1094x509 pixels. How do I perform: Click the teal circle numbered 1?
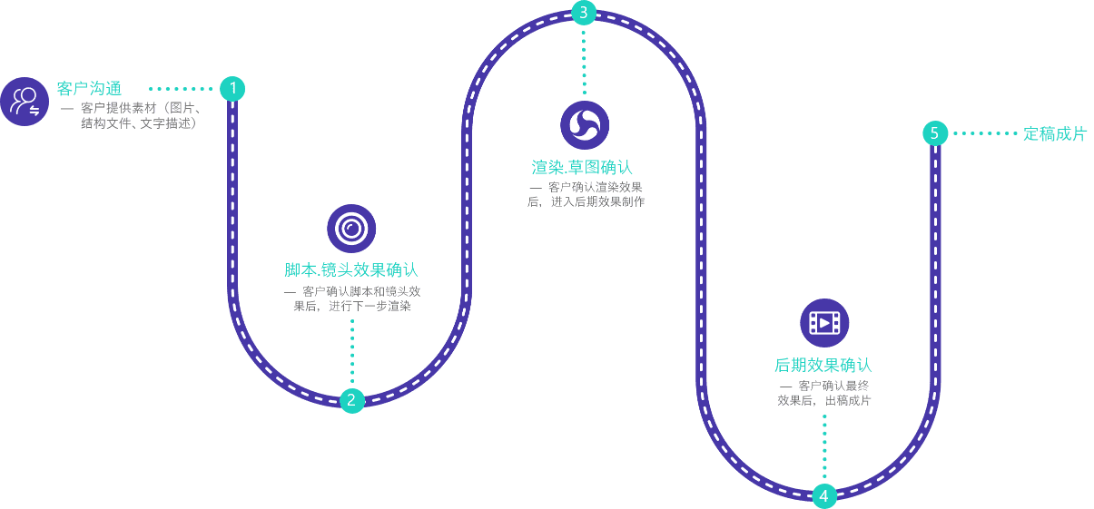pyautogui.click(x=232, y=89)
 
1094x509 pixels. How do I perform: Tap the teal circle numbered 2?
pyautogui.click(x=352, y=400)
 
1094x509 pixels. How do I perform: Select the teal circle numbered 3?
pyautogui.click(x=584, y=13)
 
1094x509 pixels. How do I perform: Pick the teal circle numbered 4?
pyautogui.click(x=824, y=495)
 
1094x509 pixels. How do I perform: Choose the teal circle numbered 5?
pyautogui.click(x=935, y=133)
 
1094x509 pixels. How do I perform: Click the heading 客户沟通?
pyautogui.click(x=89, y=89)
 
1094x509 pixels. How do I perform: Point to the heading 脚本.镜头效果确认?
pyautogui.click(x=351, y=270)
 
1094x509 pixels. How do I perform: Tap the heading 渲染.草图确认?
pyautogui.click(x=582, y=168)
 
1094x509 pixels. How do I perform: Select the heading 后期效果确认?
pyautogui.click(x=823, y=366)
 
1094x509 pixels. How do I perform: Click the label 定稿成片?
pyautogui.click(x=1055, y=134)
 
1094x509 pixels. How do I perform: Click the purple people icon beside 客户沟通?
pyautogui.click(x=25, y=102)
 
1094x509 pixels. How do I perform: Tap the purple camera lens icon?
pyautogui.click(x=351, y=229)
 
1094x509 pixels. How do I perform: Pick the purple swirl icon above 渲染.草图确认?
pyautogui.click(x=585, y=125)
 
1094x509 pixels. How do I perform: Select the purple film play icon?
pyautogui.click(x=824, y=322)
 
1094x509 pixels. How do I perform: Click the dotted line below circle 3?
pyautogui.click(x=584, y=61)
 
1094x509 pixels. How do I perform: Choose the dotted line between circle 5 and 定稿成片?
pyautogui.click(x=984, y=133)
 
